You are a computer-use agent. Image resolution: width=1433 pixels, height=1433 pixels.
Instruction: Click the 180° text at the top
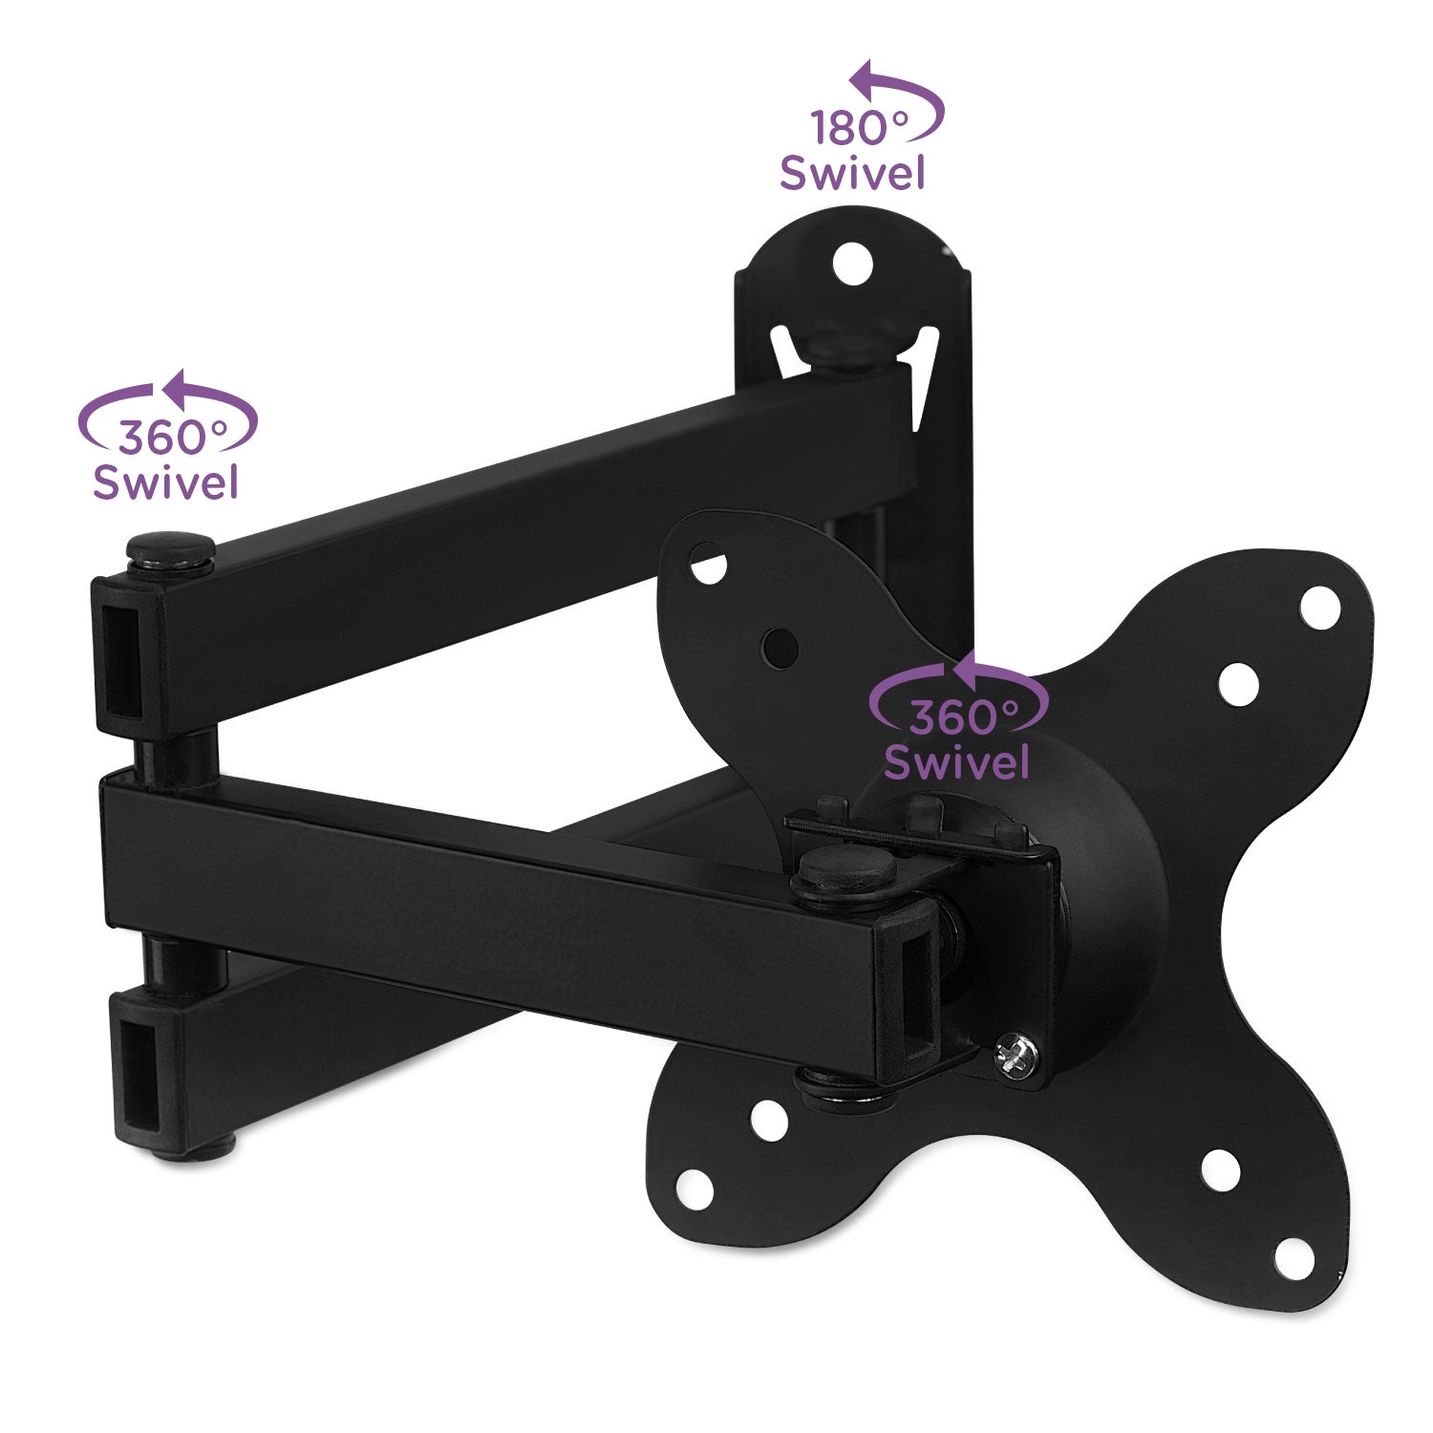[860, 128]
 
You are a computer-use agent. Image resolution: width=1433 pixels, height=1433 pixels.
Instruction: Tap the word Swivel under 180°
[852, 173]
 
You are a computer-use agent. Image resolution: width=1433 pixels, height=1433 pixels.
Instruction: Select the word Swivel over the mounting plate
[956, 761]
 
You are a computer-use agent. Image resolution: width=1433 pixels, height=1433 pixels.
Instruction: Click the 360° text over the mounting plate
[963, 716]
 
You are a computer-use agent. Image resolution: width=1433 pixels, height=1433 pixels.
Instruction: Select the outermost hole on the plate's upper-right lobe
[1319, 608]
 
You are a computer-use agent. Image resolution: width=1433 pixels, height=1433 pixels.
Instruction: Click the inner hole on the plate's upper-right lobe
[1239, 684]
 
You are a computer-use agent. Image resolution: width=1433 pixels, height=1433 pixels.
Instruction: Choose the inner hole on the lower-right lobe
[1220, 1170]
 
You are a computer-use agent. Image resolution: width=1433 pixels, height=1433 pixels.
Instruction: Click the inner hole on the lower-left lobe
[768, 1121]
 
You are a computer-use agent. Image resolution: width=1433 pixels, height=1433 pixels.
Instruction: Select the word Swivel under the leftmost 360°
[164, 481]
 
